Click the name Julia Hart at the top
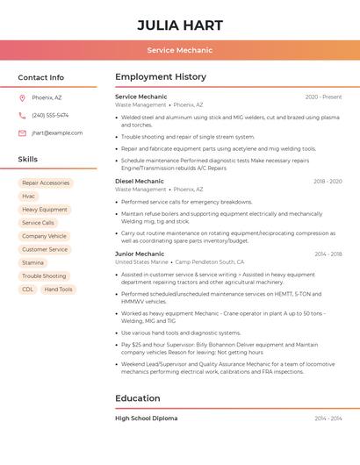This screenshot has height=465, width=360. [180, 25]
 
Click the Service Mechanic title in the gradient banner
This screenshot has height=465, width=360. [180, 51]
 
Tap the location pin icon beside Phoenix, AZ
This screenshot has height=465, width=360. [22, 97]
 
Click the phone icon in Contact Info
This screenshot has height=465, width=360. [22, 115]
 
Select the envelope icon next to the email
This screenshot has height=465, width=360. [22, 133]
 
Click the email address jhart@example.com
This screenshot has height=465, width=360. [57, 133]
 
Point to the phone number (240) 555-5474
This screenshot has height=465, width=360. [50, 115]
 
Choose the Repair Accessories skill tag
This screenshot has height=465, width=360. [46, 183]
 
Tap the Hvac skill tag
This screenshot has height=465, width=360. [29, 197]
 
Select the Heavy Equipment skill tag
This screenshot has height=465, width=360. [45, 210]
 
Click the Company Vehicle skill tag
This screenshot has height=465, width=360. [44, 236]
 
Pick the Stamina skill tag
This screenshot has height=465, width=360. [32, 262]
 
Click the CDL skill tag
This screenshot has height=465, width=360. [28, 290]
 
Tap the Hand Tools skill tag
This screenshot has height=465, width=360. [59, 290]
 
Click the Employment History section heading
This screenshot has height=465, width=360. [161, 77]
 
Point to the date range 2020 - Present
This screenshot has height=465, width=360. [323, 97]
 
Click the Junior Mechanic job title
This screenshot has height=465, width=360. [140, 254]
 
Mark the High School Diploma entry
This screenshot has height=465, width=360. [147, 418]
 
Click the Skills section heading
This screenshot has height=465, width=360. [28, 160]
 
